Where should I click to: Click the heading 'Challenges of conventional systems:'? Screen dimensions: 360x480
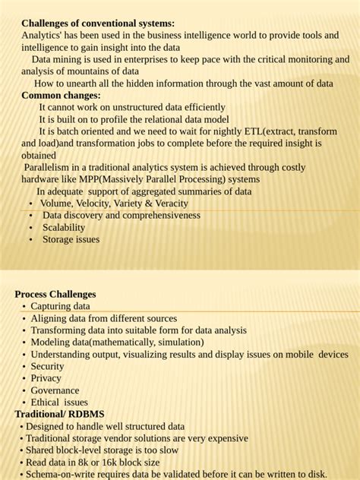[x=98, y=24]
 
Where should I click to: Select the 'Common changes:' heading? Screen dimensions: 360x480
[x=61, y=96]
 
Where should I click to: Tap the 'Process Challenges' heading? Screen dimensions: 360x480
[x=55, y=294]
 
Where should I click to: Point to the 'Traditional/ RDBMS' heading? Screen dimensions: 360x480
[x=59, y=414]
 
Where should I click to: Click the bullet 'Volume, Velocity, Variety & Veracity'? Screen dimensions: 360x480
[x=114, y=204]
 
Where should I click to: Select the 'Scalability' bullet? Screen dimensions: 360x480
[x=64, y=227]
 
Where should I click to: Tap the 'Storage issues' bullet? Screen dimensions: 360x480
[x=71, y=239]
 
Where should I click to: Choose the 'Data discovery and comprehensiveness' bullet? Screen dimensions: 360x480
[x=122, y=215]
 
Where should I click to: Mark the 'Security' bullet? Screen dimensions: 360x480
[x=47, y=366]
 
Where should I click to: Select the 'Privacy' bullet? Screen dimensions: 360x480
[x=46, y=378]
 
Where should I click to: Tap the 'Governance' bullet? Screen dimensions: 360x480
[x=55, y=390]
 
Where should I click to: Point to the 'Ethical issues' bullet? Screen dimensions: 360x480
[x=59, y=403]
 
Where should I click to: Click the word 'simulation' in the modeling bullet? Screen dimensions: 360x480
[x=178, y=343]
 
